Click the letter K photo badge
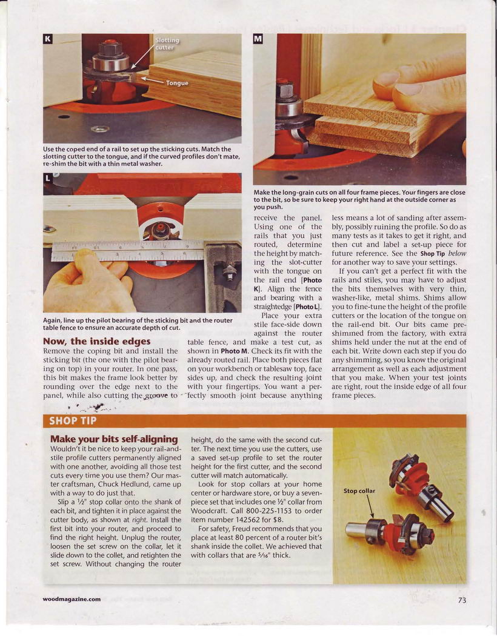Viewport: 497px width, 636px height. pyautogui.click(x=48, y=39)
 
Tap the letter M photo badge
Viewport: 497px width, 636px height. pyautogui.click(x=258, y=39)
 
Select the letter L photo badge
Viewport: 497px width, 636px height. pyautogui.click(x=48, y=179)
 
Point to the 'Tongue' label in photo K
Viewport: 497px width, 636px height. pyautogui.click(x=178, y=83)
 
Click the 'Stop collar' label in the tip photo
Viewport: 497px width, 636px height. pyautogui.click(x=359, y=491)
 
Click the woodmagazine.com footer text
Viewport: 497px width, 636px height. pyautogui.click(x=72, y=600)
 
